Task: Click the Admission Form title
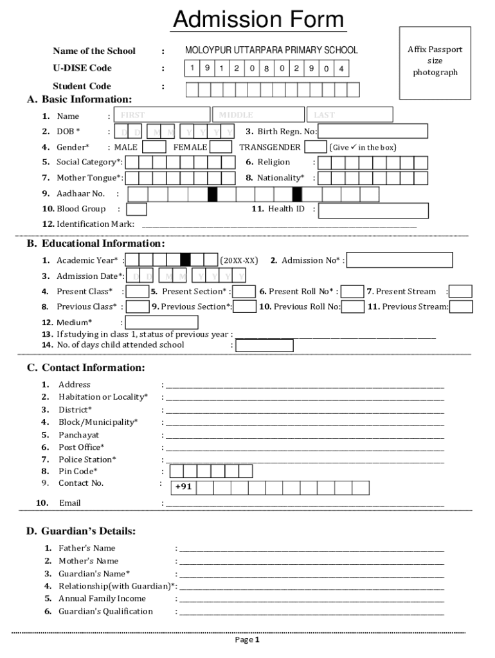pos(258,19)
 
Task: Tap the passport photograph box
pos(435,63)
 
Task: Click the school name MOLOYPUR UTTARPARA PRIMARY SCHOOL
pos(271,50)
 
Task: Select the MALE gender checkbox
pos(154,147)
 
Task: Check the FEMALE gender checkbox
pos(221,147)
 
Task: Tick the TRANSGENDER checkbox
pos(315,147)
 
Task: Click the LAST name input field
pos(349,115)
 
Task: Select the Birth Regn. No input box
pos(372,132)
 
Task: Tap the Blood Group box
pos(136,209)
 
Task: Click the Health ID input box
pos(373,210)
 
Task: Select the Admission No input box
pos(399,260)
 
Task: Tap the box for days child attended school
pos(264,346)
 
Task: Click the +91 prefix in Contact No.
pos(183,488)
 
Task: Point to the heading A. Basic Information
pos(79,100)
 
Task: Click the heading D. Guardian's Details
pos(80,531)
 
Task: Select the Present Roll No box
pos(352,292)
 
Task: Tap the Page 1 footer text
pos(247,640)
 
